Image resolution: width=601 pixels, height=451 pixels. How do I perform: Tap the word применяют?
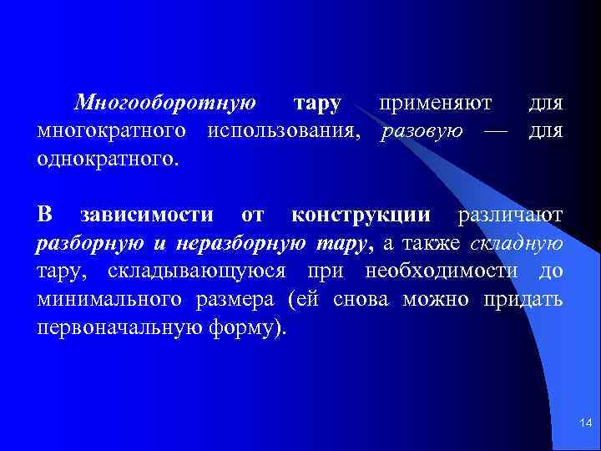pos(434,104)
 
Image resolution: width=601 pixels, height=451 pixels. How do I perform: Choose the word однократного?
pos(108,157)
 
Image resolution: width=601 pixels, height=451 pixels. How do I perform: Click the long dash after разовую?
pos(497,130)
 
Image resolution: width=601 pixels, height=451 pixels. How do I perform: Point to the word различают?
pos(510,215)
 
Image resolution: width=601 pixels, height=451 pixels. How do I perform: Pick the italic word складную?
pos(517,243)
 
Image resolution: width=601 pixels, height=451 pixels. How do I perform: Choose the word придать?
pos(523,298)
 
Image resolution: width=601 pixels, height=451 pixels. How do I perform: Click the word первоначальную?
pos(114,326)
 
